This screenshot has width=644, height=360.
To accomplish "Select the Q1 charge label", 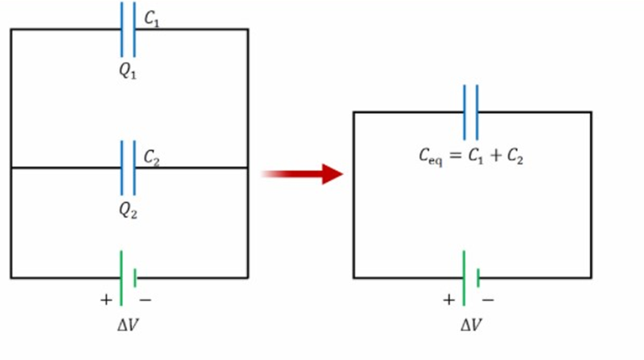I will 127,72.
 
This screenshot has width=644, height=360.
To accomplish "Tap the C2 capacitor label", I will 152,157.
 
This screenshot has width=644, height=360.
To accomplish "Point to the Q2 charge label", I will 127,210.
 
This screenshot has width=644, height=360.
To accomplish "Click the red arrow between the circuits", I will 302,174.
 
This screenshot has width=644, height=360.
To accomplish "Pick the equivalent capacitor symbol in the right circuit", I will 471,111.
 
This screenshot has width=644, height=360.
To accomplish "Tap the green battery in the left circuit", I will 127,278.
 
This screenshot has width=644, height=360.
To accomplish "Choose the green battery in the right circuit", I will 471,278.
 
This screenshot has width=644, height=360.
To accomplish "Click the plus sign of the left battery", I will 106,298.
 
